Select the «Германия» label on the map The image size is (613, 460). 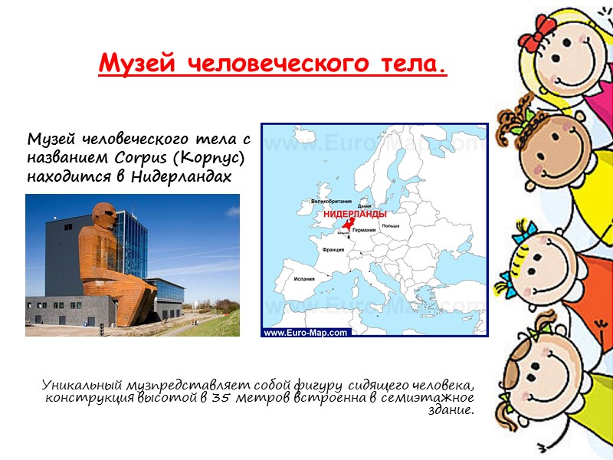364,230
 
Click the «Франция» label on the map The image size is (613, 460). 332,250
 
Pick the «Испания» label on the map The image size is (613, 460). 305,279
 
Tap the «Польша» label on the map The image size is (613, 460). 392,226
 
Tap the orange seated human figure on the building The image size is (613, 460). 100,245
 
